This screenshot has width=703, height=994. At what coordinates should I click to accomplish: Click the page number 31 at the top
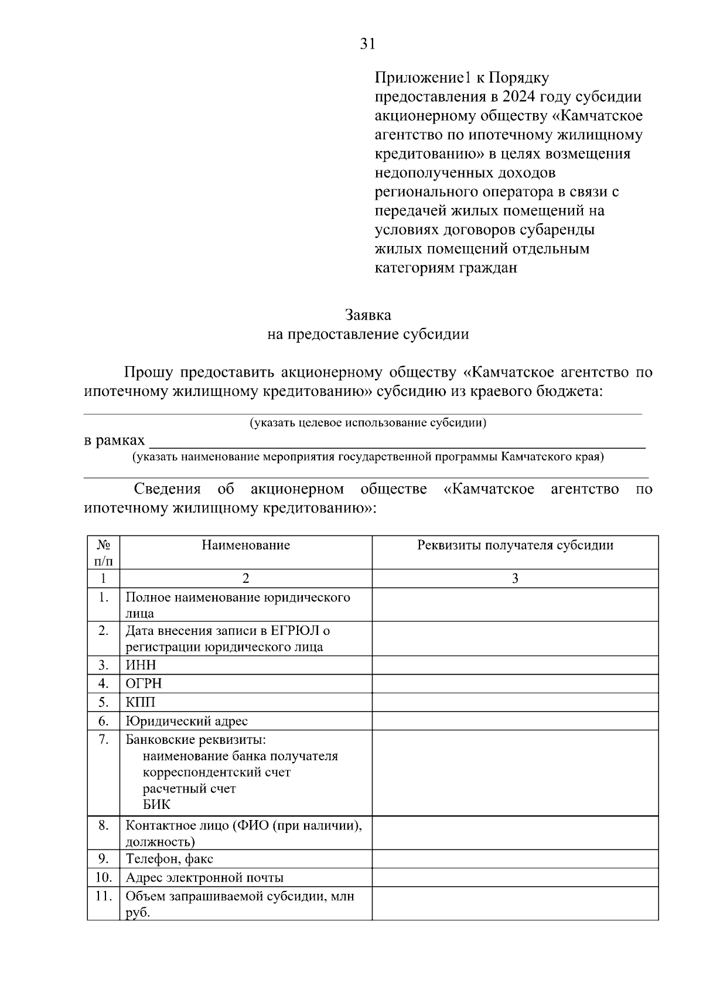point(367,44)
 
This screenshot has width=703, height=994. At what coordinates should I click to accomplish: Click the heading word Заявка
point(368,315)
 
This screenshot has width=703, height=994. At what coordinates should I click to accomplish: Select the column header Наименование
point(245,545)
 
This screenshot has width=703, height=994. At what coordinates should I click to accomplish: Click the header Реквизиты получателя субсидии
point(515,545)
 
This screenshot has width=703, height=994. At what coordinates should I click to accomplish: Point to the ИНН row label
point(141,665)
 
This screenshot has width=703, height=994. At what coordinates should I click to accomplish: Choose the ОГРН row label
point(144,684)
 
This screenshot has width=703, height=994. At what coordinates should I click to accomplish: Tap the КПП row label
point(140,702)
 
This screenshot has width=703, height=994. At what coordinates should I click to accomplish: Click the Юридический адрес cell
point(186,721)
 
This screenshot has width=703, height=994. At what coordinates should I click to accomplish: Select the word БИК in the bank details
point(156,804)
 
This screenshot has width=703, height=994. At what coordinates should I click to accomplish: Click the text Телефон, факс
point(169,859)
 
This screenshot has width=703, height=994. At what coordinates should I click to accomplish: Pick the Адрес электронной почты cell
point(204,877)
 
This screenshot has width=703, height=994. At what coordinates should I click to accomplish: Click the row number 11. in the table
point(103,896)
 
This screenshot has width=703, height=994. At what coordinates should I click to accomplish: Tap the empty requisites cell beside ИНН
point(515,665)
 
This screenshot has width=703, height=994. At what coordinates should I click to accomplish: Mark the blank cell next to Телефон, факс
point(515,859)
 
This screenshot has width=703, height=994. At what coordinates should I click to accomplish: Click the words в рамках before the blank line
point(114,440)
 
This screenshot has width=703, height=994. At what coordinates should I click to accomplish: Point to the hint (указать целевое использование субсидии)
point(368,422)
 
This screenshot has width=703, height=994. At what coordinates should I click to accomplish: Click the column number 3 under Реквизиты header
point(515,579)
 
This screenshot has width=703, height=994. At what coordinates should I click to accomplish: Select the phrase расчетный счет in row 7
point(189,788)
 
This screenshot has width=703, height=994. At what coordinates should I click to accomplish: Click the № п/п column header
point(103,552)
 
